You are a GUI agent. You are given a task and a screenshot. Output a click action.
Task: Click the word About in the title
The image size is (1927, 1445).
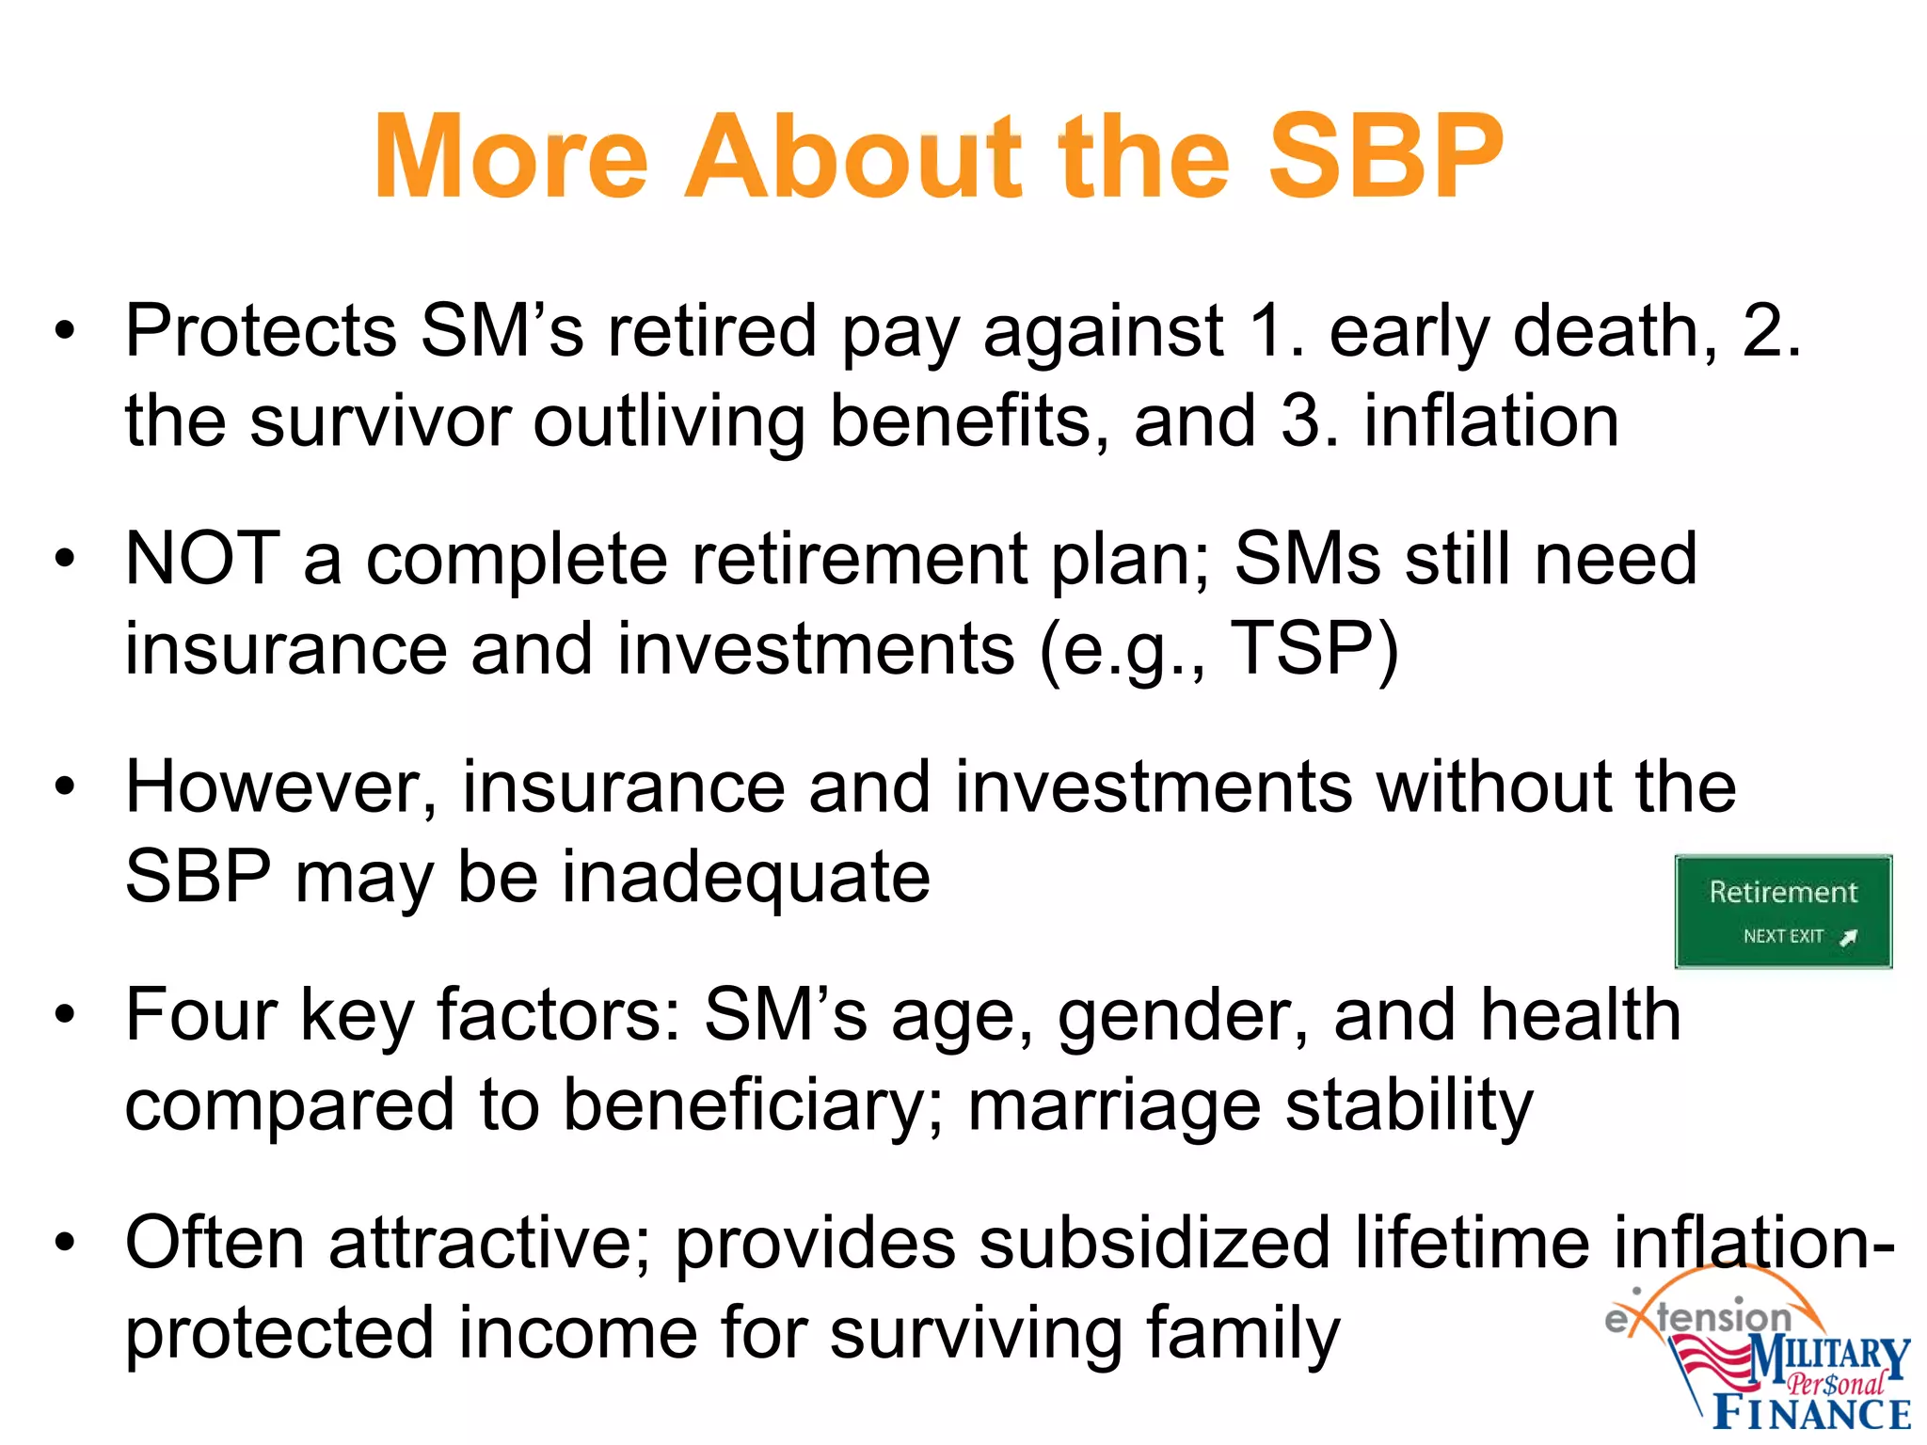pyautogui.click(x=852, y=157)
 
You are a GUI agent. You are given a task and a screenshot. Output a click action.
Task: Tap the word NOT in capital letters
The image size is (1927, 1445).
pyautogui.click(x=202, y=559)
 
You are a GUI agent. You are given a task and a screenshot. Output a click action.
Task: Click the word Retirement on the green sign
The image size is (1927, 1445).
pyautogui.click(x=1783, y=892)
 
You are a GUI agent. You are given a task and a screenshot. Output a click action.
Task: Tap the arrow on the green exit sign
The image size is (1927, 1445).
pyautogui.click(x=1848, y=937)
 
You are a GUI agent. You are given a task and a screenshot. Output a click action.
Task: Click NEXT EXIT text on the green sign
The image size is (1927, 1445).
pyautogui.click(x=1782, y=936)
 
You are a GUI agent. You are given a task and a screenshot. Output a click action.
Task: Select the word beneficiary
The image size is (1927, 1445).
pyautogui.click(x=749, y=1105)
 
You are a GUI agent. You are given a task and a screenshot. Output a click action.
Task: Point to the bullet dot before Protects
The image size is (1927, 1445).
pyautogui.click(x=64, y=331)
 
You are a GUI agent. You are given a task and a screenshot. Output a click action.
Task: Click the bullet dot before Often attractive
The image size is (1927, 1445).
pyautogui.click(x=64, y=1243)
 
